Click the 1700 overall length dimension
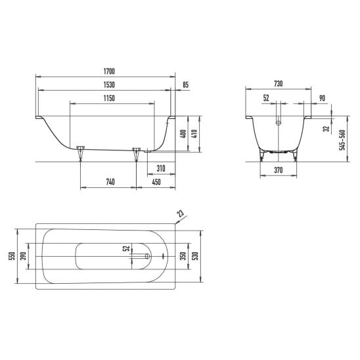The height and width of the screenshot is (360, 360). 109,72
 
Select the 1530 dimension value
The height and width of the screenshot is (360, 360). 109,85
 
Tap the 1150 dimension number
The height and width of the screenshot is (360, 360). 109,99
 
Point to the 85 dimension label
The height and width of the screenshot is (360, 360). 185,85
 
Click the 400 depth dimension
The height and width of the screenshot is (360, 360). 183,134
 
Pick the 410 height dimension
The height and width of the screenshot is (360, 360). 194,134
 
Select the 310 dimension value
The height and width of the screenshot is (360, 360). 161,169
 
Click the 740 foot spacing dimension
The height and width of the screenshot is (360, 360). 110,182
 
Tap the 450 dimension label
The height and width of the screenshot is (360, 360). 156,182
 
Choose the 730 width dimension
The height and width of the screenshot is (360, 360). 279,84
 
